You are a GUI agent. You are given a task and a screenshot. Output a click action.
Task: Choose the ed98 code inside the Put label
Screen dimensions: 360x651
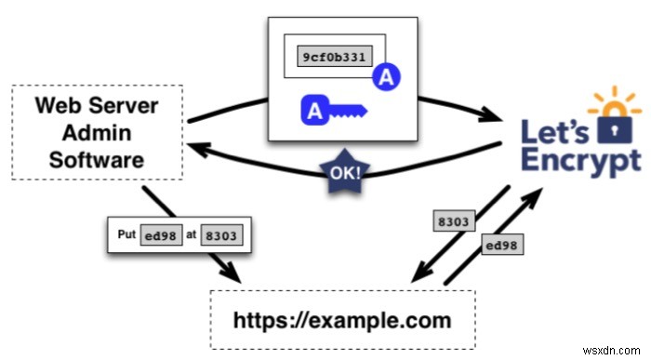tap(158, 236)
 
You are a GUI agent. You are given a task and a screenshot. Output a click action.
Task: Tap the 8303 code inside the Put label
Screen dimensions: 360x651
tap(219, 236)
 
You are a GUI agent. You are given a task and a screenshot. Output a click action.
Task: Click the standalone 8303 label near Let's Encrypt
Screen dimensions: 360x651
tap(456, 222)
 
